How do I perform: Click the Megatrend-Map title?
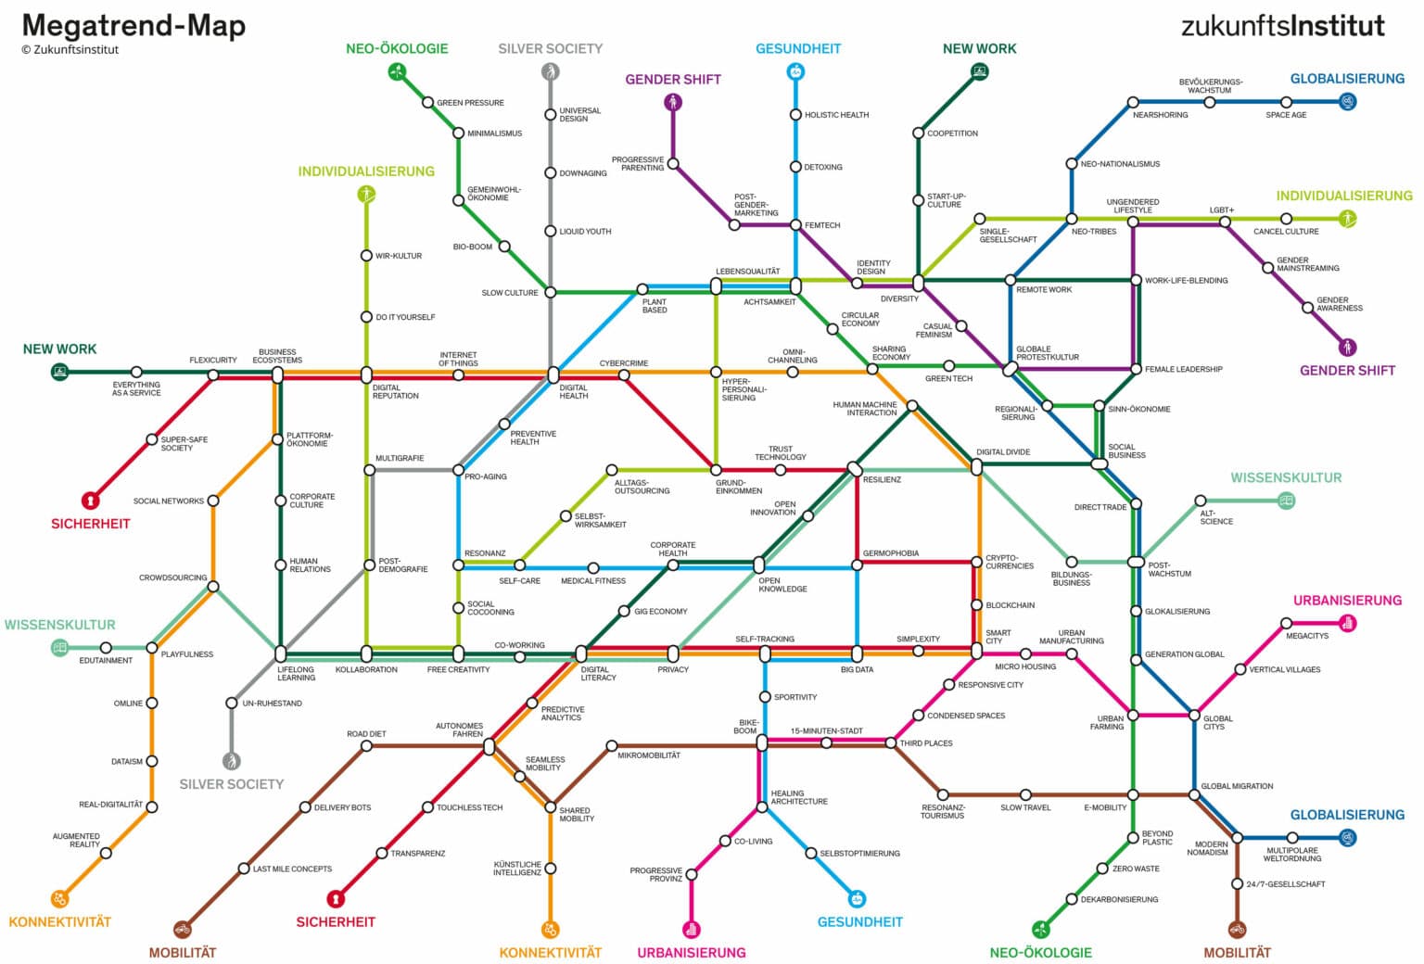tap(133, 25)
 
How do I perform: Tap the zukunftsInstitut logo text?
tap(1282, 25)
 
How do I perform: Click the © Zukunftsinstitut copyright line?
tap(70, 50)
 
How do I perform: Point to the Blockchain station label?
tap(1010, 605)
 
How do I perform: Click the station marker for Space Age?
tap(1286, 102)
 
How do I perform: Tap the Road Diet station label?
tap(366, 734)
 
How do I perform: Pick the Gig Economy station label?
tap(660, 612)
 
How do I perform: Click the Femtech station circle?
tap(795, 225)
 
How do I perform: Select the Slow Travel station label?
tap(1025, 807)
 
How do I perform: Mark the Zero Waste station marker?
tap(1102, 869)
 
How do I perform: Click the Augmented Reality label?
tap(76, 840)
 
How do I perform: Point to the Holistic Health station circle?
tap(795, 115)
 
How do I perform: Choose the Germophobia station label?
tap(890, 553)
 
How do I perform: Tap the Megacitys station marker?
tap(1286, 624)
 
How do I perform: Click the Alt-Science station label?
tap(1216, 517)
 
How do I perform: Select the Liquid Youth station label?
tap(585, 232)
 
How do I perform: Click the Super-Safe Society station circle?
tap(152, 440)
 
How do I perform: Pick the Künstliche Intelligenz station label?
tap(517, 869)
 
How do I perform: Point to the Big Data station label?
tap(857, 669)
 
